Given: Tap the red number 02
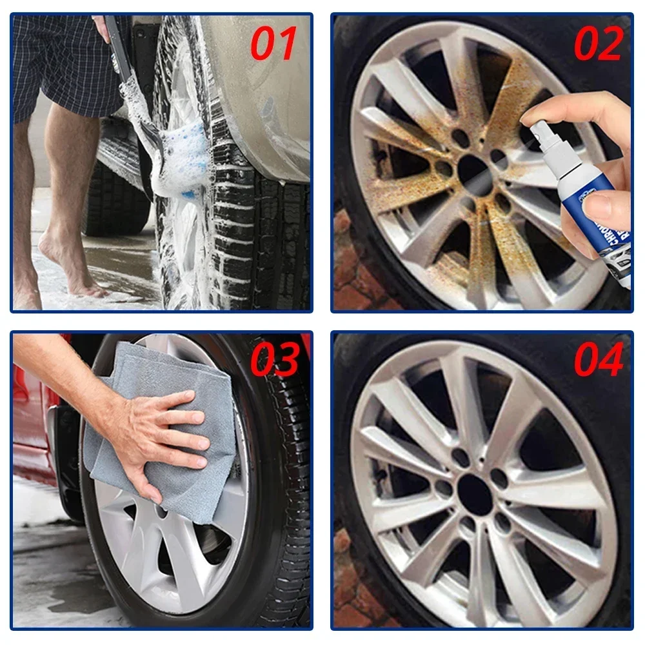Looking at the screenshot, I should [599, 44].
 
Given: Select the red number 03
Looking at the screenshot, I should [275, 360].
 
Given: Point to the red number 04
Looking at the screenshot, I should [599, 360].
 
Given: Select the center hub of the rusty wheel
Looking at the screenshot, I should [475, 169].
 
